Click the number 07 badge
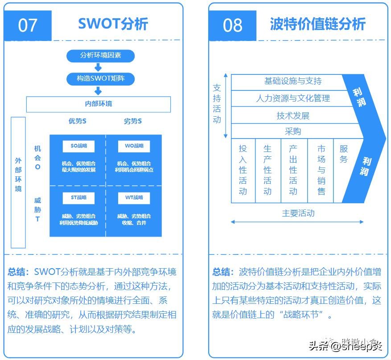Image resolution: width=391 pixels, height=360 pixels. point(28,25)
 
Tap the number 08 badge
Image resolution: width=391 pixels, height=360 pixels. point(232,25)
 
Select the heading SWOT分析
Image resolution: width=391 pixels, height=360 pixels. point(113,24)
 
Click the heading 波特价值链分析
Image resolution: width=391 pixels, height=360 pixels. point(317,24)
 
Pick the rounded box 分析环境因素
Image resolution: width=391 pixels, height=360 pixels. point(100,56)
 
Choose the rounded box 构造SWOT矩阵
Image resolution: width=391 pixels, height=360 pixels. point(100,79)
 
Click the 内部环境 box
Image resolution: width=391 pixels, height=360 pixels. point(99,104)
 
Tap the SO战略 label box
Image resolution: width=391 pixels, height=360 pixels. point(78,146)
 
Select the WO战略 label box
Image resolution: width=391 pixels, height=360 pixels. point(134,146)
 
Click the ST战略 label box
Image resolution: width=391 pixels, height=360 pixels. point(78,197)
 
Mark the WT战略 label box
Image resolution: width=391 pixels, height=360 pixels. point(134,197)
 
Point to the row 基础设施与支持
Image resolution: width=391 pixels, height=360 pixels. point(292,81)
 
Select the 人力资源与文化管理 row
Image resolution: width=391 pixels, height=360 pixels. point(292,98)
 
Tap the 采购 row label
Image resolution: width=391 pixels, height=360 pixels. point(292,131)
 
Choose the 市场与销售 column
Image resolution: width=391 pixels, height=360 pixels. point(321,170)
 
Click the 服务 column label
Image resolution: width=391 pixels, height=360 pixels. point(343,154)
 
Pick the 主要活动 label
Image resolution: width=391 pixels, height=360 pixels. point(298,213)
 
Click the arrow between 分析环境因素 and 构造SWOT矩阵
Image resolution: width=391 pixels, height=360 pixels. point(99,67)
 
